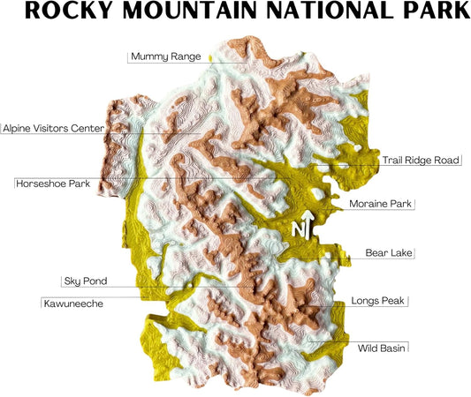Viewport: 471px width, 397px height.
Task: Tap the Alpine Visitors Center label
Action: click(x=53, y=129)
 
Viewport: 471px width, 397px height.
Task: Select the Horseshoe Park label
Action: click(x=54, y=184)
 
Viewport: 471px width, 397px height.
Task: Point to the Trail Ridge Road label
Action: click(x=421, y=161)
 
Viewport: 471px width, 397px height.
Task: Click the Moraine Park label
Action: click(x=381, y=204)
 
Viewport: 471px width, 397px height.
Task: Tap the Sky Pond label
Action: click(x=86, y=281)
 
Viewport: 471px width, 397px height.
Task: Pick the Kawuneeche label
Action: click(x=74, y=303)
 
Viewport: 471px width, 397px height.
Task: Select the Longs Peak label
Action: click(x=377, y=301)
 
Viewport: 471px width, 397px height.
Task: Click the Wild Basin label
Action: click(x=381, y=348)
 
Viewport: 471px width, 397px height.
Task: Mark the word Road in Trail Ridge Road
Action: click(x=446, y=161)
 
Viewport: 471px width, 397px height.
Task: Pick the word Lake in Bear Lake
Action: click(x=400, y=253)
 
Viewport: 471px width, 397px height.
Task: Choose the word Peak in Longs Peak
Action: click(x=391, y=301)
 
